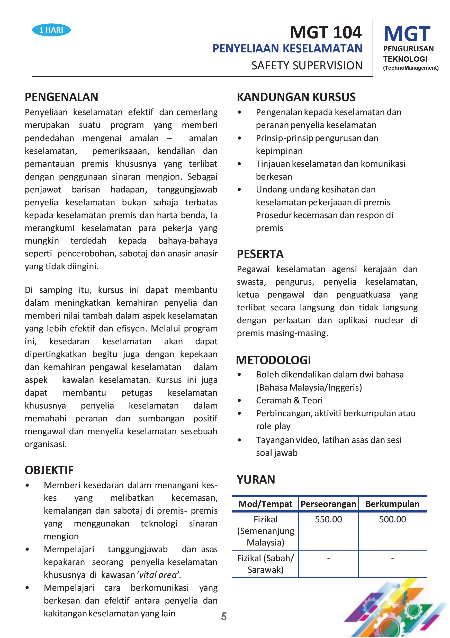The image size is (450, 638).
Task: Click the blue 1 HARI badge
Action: (x=51, y=30)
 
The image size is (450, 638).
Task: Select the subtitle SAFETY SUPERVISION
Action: (x=307, y=66)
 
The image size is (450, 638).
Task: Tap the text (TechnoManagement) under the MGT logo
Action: (x=410, y=68)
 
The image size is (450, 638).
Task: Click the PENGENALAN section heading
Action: (x=61, y=97)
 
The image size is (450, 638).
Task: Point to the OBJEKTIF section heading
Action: (x=49, y=470)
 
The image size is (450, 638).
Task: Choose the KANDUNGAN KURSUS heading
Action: (x=296, y=97)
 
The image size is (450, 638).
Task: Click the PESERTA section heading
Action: (x=260, y=254)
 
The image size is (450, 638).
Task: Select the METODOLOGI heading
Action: (x=273, y=360)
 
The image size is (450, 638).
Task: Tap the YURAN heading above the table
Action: (x=256, y=480)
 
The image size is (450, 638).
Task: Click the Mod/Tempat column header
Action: (x=265, y=504)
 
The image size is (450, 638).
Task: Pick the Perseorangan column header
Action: (x=328, y=504)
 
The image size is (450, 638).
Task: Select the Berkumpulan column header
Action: (x=392, y=504)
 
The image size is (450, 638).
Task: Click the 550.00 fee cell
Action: (x=328, y=519)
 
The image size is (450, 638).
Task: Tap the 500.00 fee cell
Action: (x=392, y=519)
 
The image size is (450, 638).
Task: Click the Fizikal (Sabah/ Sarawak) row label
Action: (x=265, y=564)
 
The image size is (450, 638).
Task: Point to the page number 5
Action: (x=224, y=616)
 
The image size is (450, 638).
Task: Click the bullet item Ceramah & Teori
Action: (x=289, y=400)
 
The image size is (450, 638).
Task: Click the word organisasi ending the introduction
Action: (x=46, y=444)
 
